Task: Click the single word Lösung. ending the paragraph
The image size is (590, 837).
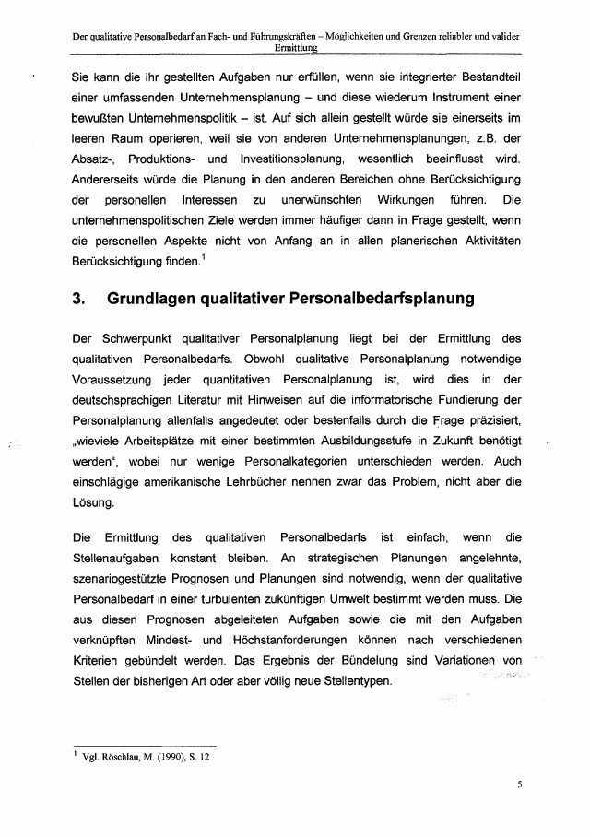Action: click(x=94, y=502)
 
